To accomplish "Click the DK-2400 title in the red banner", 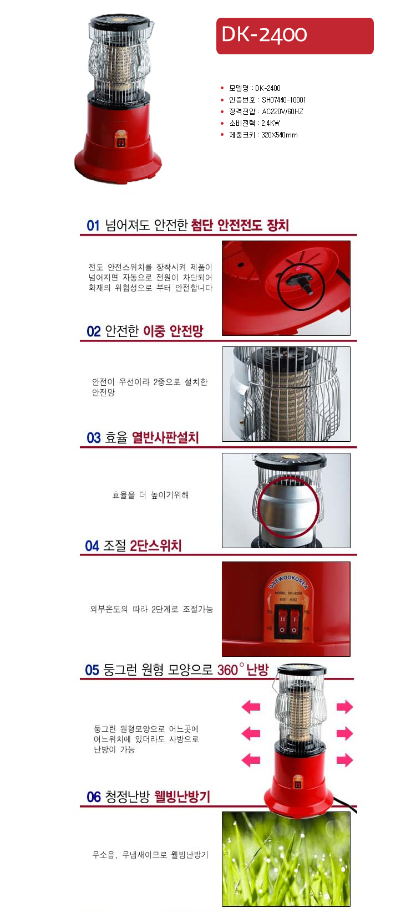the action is click(264, 35).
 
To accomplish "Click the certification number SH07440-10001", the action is click(283, 100).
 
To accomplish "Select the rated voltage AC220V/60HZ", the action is click(282, 111).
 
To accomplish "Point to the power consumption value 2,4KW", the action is click(270, 123).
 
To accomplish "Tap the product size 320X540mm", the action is click(280, 135).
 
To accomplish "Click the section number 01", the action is click(93, 226).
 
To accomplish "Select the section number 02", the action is click(94, 331).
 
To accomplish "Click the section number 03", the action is click(94, 438).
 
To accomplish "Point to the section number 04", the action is click(92, 546).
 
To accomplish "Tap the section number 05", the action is click(92, 670).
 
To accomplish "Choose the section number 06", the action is click(94, 797).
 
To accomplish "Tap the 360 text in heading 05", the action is click(227, 670).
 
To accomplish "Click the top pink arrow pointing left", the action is click(251, 707).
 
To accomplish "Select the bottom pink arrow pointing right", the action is click(344, 760).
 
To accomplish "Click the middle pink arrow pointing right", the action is click(344, 733).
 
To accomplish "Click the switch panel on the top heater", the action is click(120, 140).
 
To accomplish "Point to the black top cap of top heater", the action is click(120, 22).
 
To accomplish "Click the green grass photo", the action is click(286, 859).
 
